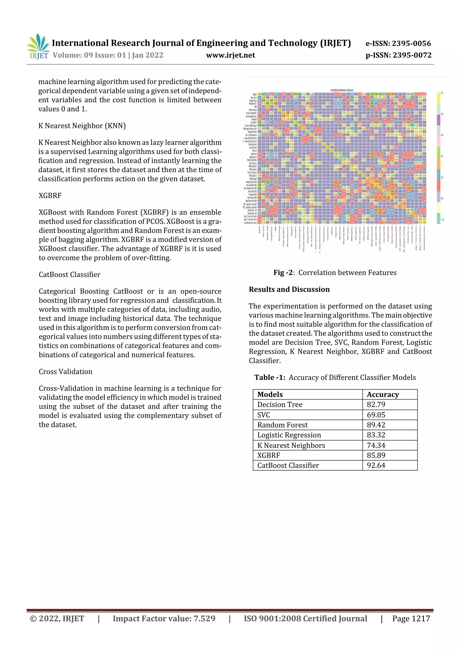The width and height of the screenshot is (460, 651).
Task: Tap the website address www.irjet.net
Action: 230,55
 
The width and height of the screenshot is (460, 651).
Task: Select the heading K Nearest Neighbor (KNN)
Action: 82,126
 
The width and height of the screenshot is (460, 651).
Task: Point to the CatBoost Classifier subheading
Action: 69,274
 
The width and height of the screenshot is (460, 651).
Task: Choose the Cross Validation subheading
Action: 65,371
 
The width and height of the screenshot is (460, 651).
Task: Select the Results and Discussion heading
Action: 289,289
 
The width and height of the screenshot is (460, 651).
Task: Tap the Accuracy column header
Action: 383,394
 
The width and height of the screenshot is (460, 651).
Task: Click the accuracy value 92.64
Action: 376,465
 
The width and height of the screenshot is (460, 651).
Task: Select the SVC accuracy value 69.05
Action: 376,415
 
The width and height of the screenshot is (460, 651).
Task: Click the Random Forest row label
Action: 282,425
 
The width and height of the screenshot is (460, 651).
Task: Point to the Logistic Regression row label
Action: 289,435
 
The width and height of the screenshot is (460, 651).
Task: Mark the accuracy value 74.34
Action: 376,445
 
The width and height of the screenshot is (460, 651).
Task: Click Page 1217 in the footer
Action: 411,618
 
